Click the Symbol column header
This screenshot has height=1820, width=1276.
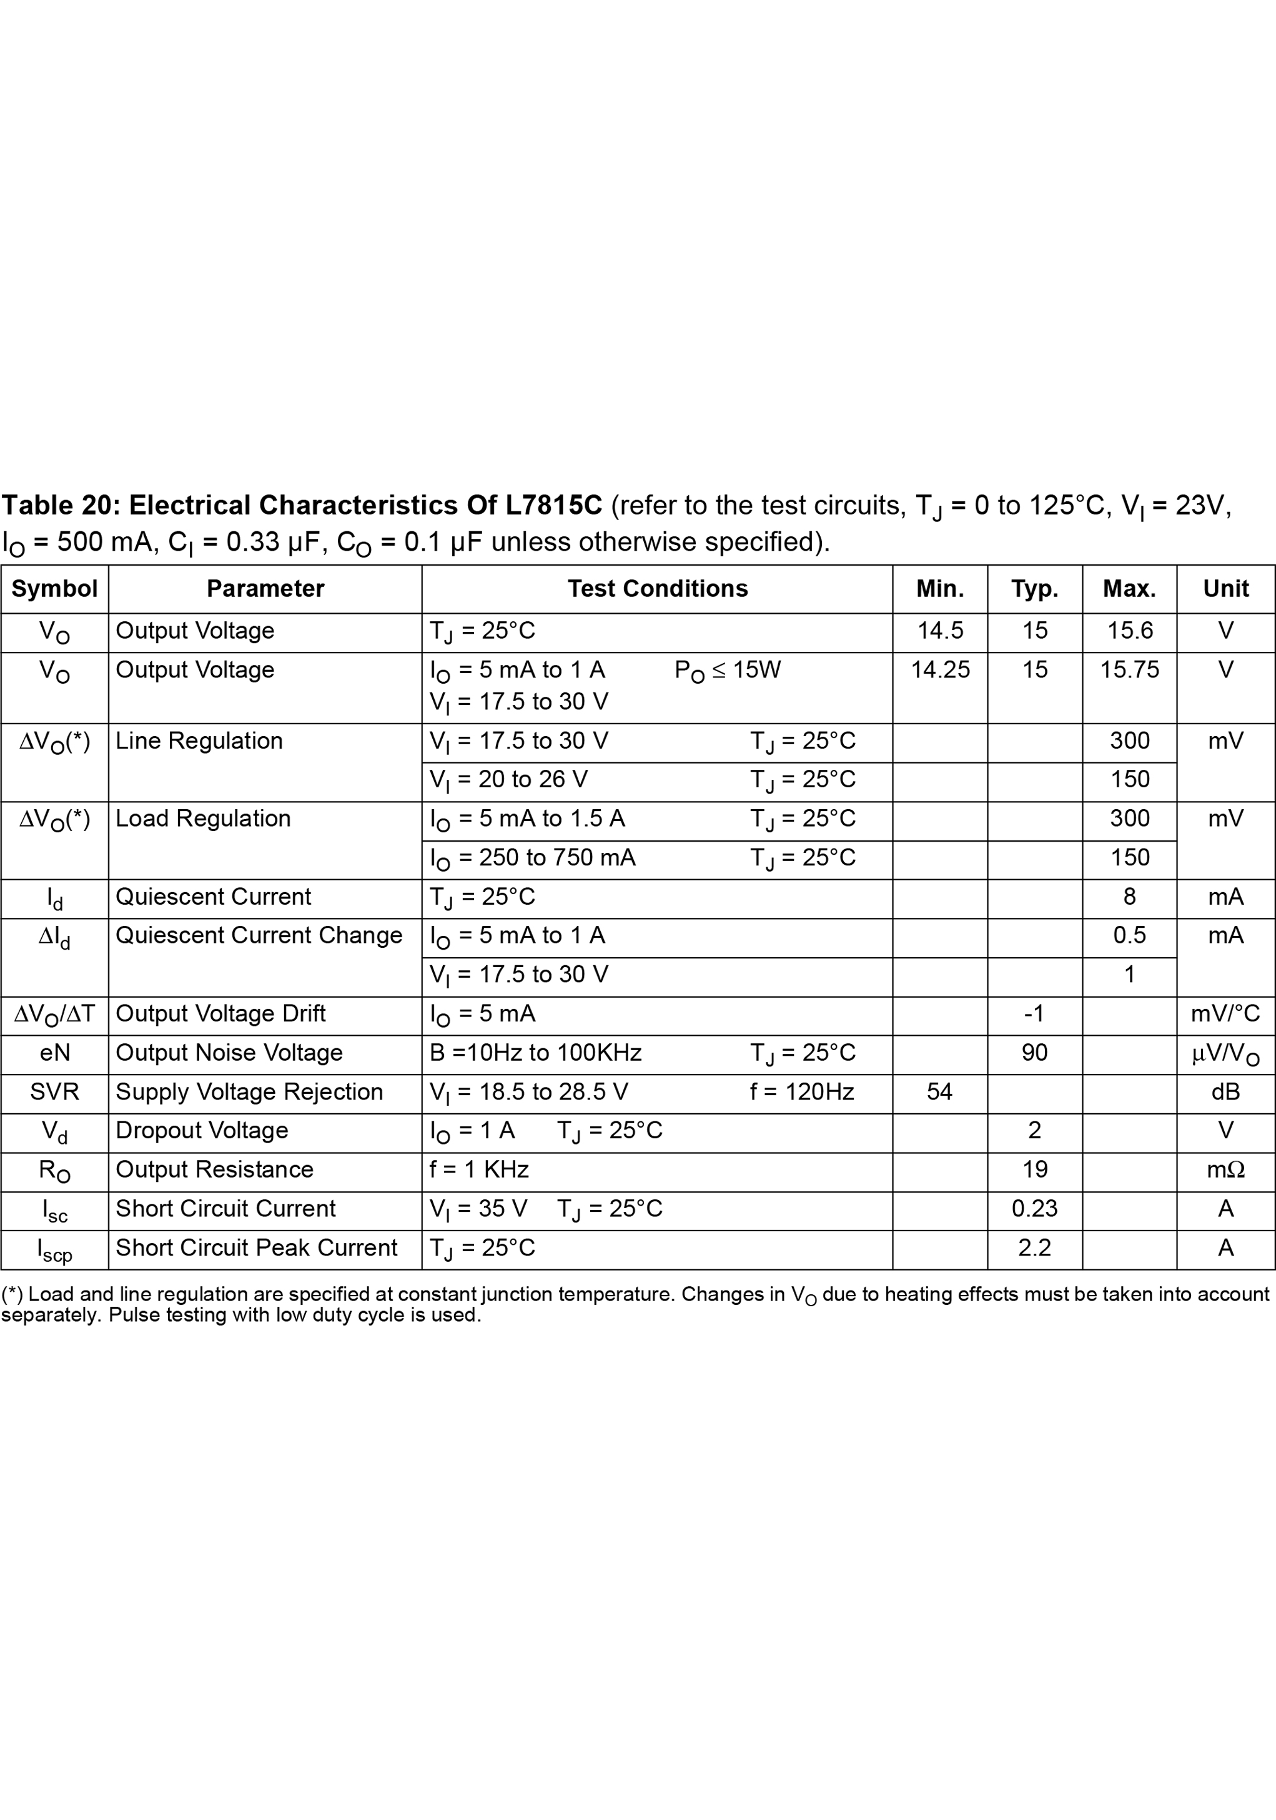[54, 589]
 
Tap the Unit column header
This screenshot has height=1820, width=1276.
[1225, 589]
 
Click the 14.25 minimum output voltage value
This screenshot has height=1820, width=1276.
[940, 670]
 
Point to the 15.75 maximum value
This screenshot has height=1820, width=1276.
[1129, 670]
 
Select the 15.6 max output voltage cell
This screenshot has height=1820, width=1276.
[1129, 631]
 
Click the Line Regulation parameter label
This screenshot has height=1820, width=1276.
[199, 741]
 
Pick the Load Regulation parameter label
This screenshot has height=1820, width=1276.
[203, 819]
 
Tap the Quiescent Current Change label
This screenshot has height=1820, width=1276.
[259, 935]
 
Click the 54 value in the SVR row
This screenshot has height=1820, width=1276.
[940, 1093]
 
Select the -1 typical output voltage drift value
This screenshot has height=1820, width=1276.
[1034, 1014]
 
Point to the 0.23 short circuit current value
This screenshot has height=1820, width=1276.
[1034, 1209]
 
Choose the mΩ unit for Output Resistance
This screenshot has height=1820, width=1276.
[1225, 1170]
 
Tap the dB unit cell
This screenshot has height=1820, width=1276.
[1225, 1093]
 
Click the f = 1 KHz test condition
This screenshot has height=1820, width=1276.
[479, 1170]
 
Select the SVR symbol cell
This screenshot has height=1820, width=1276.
[54, 1093]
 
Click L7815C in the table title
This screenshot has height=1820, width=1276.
[553, 505]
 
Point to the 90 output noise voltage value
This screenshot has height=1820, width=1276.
[1034, 1053]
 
